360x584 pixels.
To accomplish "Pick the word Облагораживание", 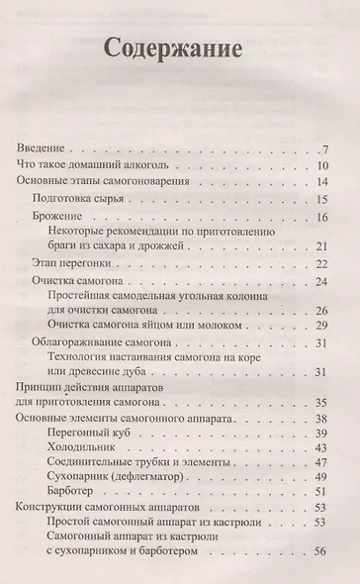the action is click(90, 343).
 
